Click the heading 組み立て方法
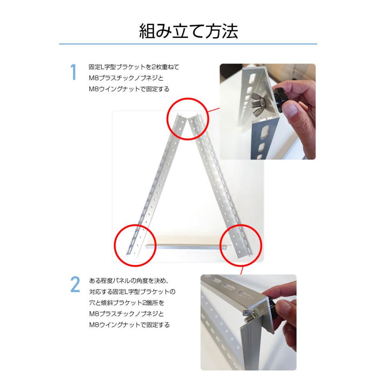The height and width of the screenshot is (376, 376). coord(188,31)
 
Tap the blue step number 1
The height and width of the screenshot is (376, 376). coord(73,72)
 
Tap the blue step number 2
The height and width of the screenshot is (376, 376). coord(75,285)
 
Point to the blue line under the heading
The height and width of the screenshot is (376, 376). coord(188,44)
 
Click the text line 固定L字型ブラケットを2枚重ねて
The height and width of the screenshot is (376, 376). coord(134,67)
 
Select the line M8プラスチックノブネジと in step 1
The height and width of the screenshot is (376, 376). coord(126,78)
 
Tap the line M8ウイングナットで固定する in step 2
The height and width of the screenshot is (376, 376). coord(130,325)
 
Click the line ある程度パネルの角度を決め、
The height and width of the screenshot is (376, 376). coord(129,281)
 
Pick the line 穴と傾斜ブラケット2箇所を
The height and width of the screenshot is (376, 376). coord(127,302)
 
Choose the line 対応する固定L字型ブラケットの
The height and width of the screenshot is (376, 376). coord(132,292)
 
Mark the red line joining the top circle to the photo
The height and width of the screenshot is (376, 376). coord(213,110)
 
